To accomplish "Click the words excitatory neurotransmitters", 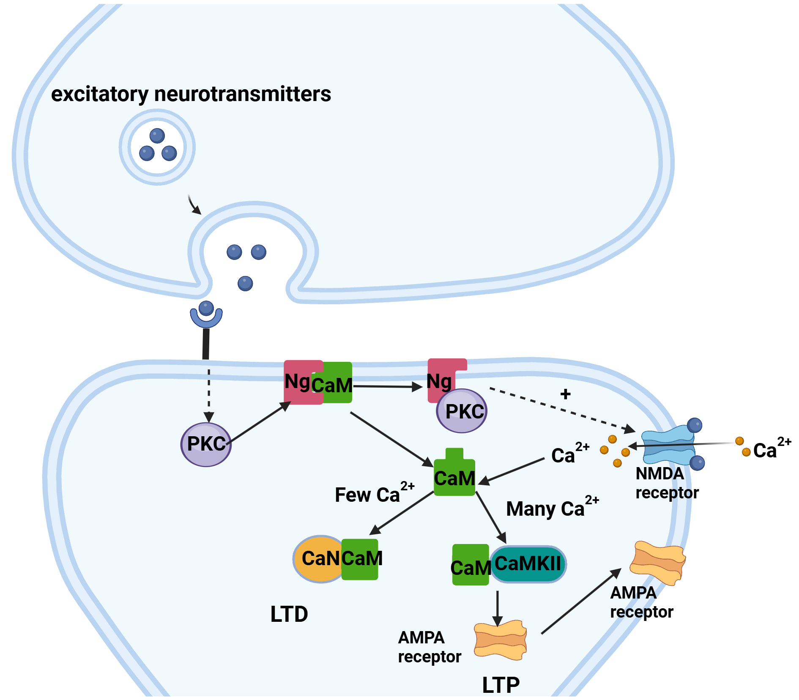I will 191,94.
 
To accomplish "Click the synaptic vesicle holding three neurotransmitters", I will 157,147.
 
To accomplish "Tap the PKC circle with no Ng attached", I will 206,444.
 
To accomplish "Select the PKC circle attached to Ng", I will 462,411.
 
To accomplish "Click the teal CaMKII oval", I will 528,564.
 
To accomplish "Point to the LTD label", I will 289,614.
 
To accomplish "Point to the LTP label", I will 501,685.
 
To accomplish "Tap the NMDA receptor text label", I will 667,483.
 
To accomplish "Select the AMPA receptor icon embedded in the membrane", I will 657,562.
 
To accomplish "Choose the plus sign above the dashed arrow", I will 565,394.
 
